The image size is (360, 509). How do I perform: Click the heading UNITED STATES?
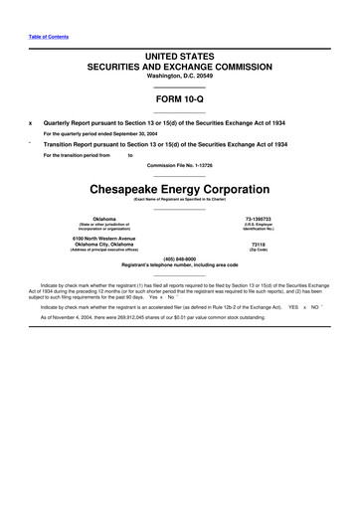pos(180,60)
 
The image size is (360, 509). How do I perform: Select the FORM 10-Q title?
pos(180,100)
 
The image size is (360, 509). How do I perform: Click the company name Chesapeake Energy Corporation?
pos(180,188)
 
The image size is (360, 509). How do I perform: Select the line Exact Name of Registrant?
pos(180,199)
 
